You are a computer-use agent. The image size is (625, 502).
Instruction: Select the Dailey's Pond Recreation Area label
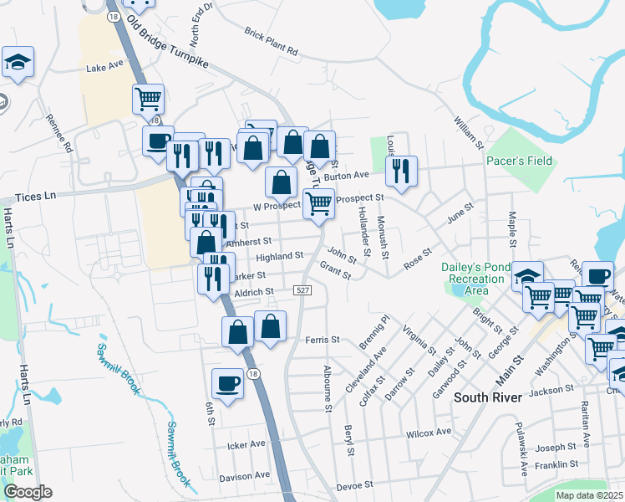470,279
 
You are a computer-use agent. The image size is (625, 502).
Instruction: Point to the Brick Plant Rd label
271,42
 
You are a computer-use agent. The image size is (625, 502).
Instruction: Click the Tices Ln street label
34,196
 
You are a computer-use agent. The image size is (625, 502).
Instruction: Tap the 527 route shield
303,289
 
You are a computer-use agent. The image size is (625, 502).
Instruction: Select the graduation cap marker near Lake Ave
18,63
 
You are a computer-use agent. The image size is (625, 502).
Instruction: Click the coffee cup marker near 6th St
227,385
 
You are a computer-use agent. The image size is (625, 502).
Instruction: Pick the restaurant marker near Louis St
402,172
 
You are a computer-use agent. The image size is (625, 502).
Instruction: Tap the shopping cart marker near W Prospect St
318,203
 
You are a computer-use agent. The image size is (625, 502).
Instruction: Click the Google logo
28,492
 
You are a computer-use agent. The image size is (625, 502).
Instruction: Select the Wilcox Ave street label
429,433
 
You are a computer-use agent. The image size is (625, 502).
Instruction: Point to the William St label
469,133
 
